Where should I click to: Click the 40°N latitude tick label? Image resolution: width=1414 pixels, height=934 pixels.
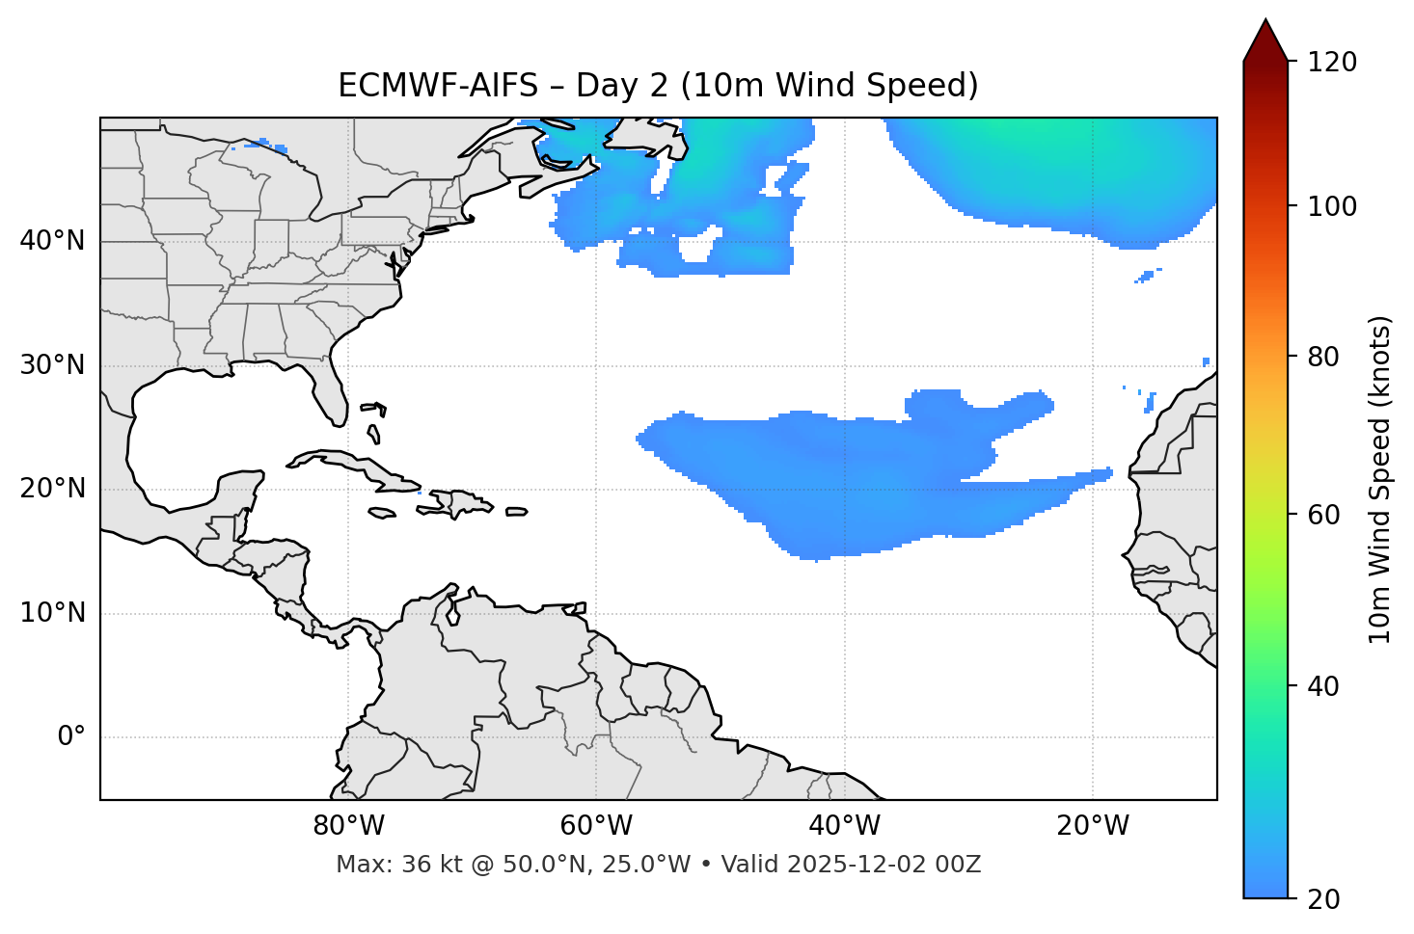point(52,241)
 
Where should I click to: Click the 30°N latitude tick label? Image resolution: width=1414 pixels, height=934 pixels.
point(52,365)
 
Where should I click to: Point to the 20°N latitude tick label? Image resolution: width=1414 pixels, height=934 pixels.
point(52,489)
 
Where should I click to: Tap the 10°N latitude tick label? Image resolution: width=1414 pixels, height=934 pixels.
point(52,613)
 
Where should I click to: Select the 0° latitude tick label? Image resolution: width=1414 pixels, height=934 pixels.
point(71,737)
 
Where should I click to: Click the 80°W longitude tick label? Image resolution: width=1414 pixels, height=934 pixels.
point(348,826)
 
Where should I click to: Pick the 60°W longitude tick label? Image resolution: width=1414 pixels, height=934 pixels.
point(596,826)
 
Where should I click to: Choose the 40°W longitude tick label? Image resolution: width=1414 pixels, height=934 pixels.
point(844,826)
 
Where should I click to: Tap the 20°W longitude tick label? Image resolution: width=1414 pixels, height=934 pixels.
point(1093,826)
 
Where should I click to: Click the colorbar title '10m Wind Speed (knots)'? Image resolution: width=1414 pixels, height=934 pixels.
point(1380,479)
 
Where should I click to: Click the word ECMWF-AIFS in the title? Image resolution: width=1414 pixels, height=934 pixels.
point(437,86)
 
